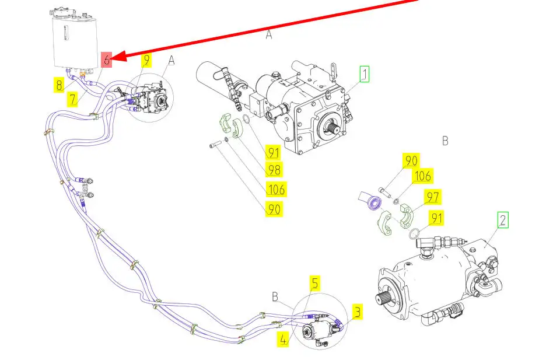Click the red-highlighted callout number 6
(107, 60)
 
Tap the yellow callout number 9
(147, 60)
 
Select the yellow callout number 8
(60, 85)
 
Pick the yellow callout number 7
(72, 99)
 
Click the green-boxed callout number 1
(365, 74)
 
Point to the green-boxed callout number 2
(503, 220)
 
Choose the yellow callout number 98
(274, 170)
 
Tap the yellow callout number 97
(433, 197)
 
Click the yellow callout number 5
(315, 283)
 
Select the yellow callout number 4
(283, 339)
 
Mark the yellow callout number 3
(358, 312)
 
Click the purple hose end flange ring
(374, 203)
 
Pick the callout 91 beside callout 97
(436, 218)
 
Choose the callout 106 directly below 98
(276, 190)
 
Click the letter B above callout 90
(445, 141)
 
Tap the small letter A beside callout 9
(171, 61)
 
